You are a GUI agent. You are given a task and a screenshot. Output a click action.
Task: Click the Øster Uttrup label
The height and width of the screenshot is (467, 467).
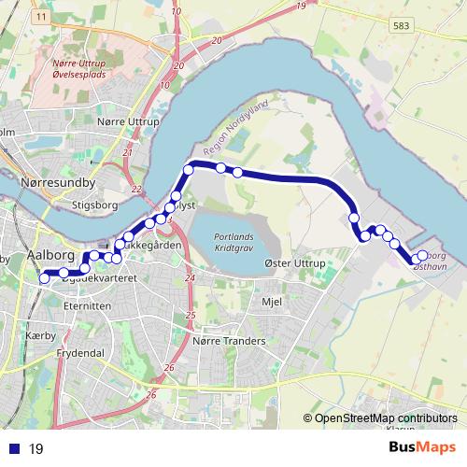295,264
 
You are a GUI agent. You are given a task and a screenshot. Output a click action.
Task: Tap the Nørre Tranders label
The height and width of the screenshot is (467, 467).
228,341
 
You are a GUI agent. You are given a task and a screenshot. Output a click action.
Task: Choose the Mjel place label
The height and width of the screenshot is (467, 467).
272,302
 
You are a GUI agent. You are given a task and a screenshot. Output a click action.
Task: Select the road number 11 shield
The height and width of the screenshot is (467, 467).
41,18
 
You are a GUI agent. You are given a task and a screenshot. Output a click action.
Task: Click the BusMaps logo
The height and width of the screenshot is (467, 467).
422,446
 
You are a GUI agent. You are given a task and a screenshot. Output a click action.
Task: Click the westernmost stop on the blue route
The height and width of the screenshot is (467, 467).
44,277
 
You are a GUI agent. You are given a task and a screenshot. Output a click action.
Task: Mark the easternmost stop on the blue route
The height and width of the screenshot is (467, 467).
422,255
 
